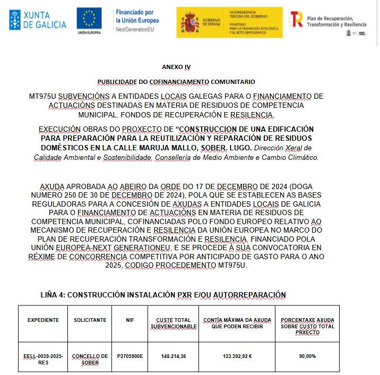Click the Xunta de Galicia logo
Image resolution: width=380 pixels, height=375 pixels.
tap(38, 20)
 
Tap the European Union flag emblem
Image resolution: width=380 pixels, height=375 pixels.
tap(90, 19)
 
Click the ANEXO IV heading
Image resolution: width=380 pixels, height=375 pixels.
tap(176, 67)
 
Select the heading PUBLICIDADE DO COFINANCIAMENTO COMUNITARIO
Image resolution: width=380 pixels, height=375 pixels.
tap(176, 82)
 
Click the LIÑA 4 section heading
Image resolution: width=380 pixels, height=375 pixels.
tap(163, 295)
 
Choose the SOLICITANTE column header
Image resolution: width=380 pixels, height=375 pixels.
tap(90, 320)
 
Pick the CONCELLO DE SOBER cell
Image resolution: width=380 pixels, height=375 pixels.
tap(90, 359)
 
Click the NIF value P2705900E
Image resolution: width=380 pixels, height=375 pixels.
tap(130, 356)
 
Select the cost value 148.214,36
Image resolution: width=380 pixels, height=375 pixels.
tap(174, 356)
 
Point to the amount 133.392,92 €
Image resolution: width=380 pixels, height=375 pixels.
tap(237, 356)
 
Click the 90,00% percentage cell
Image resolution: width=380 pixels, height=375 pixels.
tap(307, 356)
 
